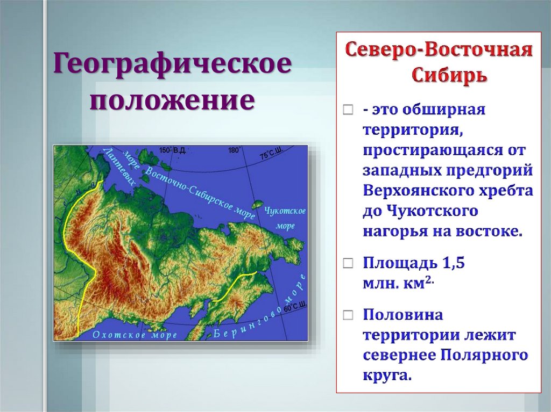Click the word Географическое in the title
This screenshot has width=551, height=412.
point(172,67)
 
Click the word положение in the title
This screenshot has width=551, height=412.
point(172,100)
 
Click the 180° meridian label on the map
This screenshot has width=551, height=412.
point(234,151)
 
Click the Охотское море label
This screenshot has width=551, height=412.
point(135,335)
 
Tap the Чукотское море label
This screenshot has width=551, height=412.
point(285,218)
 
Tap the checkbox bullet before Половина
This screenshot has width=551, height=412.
point(348,314)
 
